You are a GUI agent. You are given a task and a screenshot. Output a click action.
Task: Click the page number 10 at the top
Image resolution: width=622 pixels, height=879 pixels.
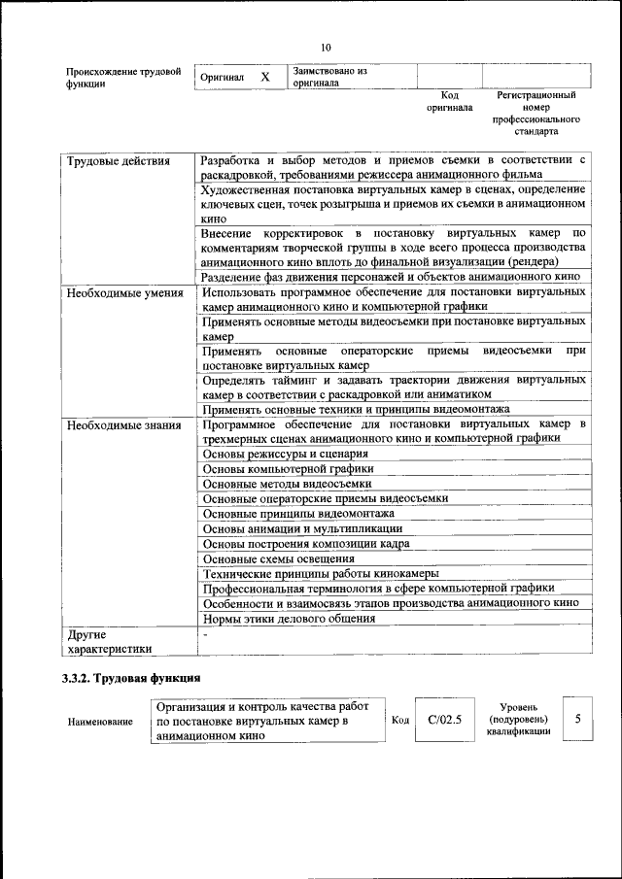click(x=325, y=48)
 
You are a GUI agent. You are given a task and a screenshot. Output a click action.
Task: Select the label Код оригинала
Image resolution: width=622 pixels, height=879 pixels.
click(x=449, y=102)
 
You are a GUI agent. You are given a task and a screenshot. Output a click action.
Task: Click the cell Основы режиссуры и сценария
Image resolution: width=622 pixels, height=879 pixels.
click(x=285, y=454)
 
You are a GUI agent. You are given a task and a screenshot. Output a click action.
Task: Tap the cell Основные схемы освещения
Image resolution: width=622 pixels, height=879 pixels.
click(x=278, y=558)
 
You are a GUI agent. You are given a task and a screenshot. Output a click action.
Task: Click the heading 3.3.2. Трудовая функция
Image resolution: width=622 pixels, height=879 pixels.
click(x=132, y=677)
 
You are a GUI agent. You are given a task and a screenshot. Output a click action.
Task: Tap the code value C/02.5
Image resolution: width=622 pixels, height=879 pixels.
click(x=444, y=720)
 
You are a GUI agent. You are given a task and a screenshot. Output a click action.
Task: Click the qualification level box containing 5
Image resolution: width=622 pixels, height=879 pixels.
click(x=578, y=720)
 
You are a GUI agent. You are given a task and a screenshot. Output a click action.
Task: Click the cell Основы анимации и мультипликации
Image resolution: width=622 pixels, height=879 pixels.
click(x=301, y=528)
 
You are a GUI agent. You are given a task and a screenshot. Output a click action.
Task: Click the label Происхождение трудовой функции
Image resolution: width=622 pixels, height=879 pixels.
click(x=123, y=77)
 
